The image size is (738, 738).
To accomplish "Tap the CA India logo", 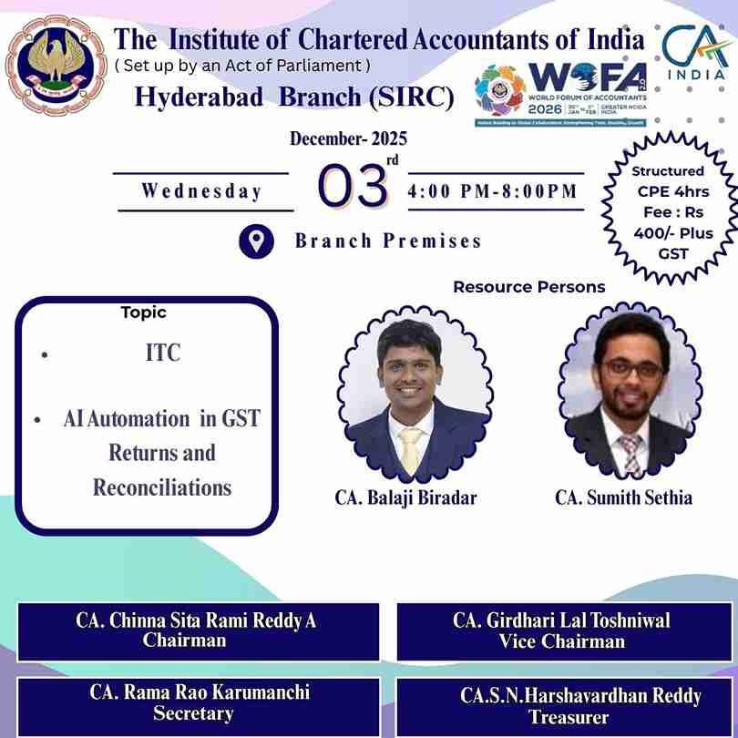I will tap(694, 53).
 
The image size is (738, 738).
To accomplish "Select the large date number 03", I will tap(354, 188).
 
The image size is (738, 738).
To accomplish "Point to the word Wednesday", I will tap(201, 191).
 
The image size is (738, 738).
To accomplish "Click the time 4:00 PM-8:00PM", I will tap(493, 191).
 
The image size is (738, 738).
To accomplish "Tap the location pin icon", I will tap(257, 241).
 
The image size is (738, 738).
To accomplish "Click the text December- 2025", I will tap(348, 139).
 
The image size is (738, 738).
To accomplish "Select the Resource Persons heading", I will tap(529, 287).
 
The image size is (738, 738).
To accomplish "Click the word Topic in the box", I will tap(144, 313).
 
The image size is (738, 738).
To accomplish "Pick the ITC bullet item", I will tap(163, 354).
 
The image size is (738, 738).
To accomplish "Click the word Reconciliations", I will tap(162, 487).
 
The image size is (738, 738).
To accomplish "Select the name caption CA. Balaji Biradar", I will tap(405, 497).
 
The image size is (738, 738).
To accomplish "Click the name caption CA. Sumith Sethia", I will tap(623, 497).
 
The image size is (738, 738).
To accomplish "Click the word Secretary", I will tap(193, 713).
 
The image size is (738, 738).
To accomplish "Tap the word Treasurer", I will tap(569, 717).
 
